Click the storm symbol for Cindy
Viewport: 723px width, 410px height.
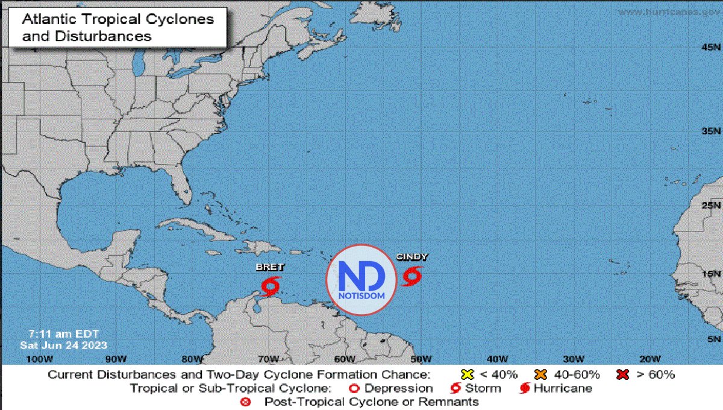(x=412, y=276)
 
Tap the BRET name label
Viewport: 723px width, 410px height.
(x=269, y=267)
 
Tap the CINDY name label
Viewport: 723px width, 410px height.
(x=412, y=257)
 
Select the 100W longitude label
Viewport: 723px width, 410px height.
(x=36, y=359)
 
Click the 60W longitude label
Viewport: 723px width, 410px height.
(x=344, y=359)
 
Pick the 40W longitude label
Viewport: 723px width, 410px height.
(x=497, y=359)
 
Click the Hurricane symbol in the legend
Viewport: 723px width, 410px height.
(x=524, y=388)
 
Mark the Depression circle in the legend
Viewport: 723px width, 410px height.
(x=354, y=388)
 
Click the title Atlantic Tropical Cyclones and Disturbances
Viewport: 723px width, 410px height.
(x=117, y=27)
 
